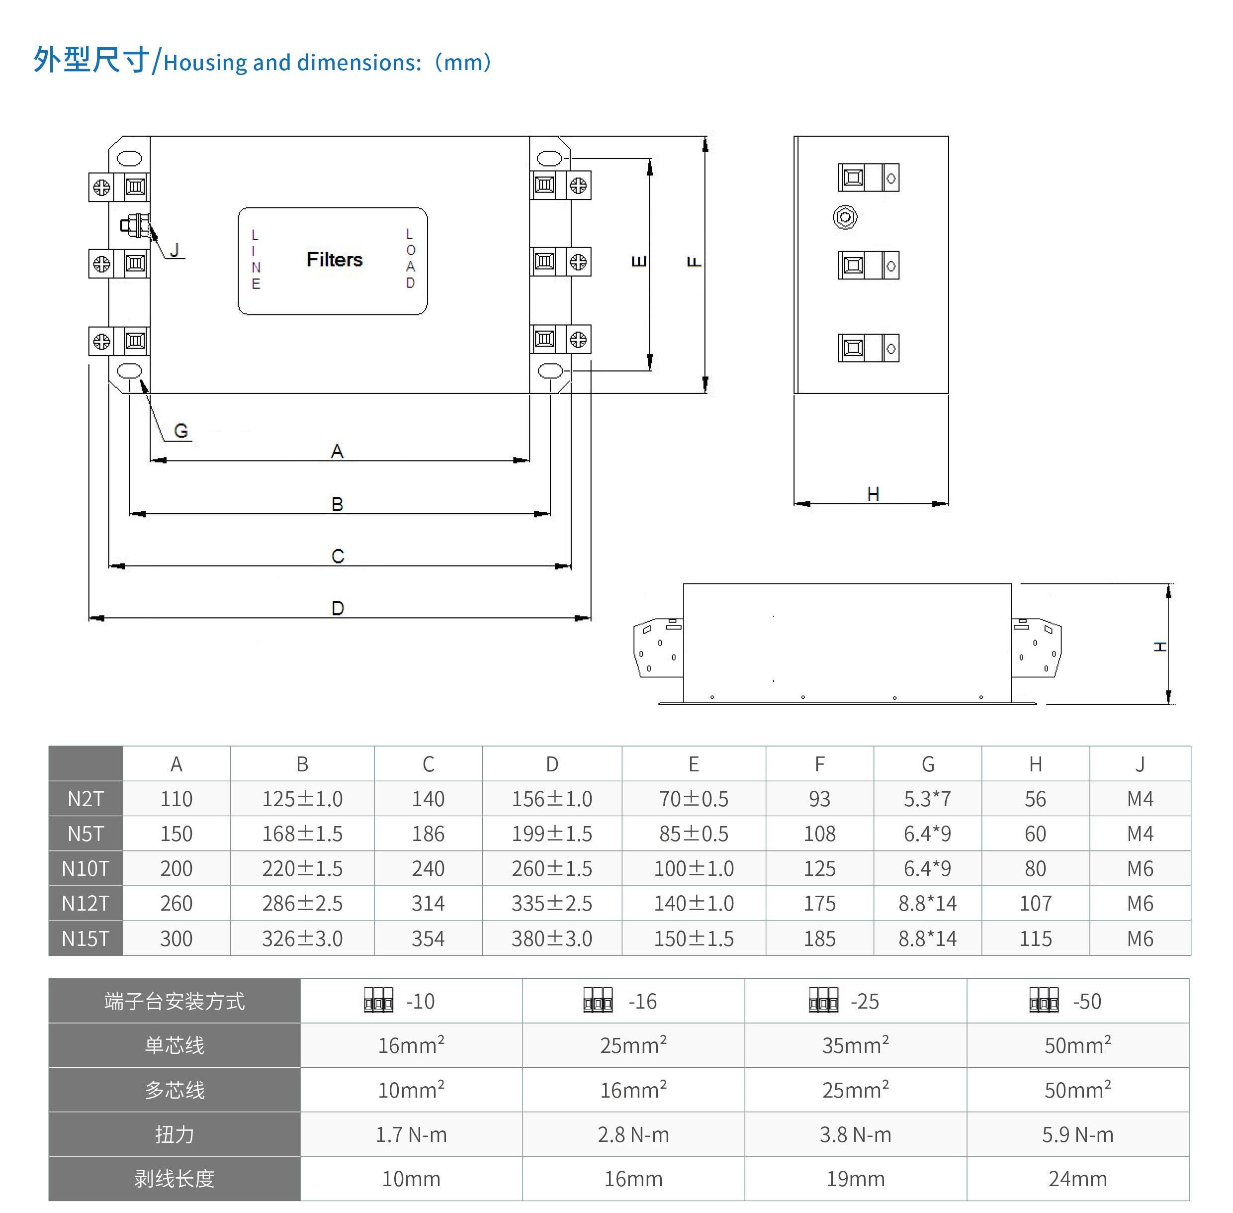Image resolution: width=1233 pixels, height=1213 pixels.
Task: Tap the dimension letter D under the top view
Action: click(x=338, y=608)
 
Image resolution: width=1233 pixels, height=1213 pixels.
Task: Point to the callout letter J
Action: click(x=175, y=250)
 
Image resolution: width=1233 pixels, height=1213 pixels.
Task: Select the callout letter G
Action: click(x=181, y=431)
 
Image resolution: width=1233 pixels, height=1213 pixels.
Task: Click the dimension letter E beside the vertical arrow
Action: click(x=639, y=261)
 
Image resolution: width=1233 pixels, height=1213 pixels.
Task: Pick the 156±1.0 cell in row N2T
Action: click(x=551, y=799)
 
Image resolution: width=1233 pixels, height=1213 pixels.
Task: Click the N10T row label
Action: click(x=86, y=868)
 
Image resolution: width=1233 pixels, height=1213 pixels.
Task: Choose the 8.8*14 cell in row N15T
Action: click(x=927, y=938)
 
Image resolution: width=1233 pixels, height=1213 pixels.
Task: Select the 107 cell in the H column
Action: click(x=1035, y=903)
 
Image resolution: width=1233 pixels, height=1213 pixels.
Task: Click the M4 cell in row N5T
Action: click(x=1140, y=834)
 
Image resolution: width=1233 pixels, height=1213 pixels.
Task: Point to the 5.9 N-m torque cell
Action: click(x=1077, y=1134)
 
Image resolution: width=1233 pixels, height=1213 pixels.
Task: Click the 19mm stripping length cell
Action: click(x=855, y=1179)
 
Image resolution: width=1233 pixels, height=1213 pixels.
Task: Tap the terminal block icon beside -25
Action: click(x=823, y=1000)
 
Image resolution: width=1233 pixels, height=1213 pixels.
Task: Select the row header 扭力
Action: click(x=174, y=1134)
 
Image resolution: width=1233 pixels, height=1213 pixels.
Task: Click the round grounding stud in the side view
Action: click(x=845, y=217)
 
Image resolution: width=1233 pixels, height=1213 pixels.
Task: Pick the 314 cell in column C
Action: click(x=428, y=903)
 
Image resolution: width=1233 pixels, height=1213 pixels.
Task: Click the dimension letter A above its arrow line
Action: click(x=337, y=451)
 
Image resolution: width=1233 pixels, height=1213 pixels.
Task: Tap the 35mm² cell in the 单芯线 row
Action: click(x=855, y=1045)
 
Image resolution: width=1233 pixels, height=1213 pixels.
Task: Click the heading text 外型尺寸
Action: click(x=91, y=61)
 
